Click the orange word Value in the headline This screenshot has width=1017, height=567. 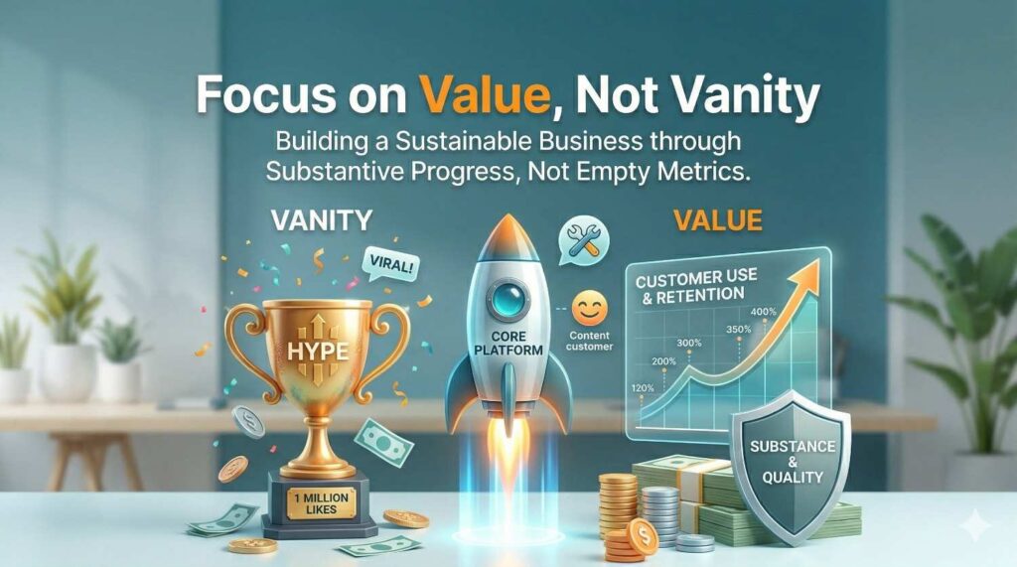click(485, 94)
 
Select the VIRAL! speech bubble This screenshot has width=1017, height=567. click(389, 265)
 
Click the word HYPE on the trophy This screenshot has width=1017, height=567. click(318, 351)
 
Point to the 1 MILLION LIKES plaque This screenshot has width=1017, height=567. click(321, 504)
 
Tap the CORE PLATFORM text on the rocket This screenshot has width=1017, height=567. click(508, 344)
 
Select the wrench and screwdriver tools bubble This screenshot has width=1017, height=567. click(583, 240)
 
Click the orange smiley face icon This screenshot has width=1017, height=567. click(590, 308)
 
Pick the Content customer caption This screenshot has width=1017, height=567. click(589, 342)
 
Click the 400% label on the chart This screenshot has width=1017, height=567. click(764, 312)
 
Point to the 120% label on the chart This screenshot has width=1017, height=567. click(643, 388)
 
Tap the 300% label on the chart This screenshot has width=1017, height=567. click(689, 343)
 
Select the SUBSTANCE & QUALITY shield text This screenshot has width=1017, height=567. click(792, 462)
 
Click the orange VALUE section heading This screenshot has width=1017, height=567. click(717, 220)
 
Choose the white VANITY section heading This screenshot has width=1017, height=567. click(322, 220)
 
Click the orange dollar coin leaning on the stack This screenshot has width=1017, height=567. click(643, 536)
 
